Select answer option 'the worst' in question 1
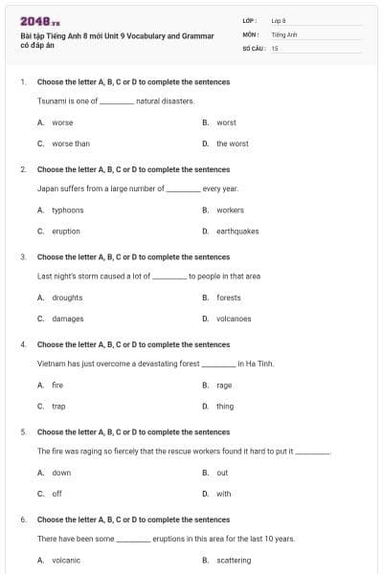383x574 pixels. coord(232,143)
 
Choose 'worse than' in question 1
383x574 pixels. coord(70,143)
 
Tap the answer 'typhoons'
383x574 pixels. coord(68,210)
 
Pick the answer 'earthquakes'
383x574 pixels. coord(237,231)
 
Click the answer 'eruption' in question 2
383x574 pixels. coord(66,231)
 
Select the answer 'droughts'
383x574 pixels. coord(67,298)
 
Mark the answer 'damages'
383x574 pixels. coord(67,319)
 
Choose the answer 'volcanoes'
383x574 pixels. coord(234,319)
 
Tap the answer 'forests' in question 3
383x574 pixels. coord(229,298)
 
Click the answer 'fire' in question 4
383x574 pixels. coord(57,386)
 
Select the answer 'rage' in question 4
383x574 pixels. coord(224,386)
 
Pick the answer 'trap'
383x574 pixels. coord(58,406)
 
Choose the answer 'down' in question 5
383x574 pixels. coord(61,473)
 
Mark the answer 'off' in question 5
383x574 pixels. coord(56,494)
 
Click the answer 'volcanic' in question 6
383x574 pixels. coord(66,561)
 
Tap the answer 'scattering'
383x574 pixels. coord(234,561)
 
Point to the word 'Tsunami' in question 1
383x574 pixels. coord(52,100)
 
